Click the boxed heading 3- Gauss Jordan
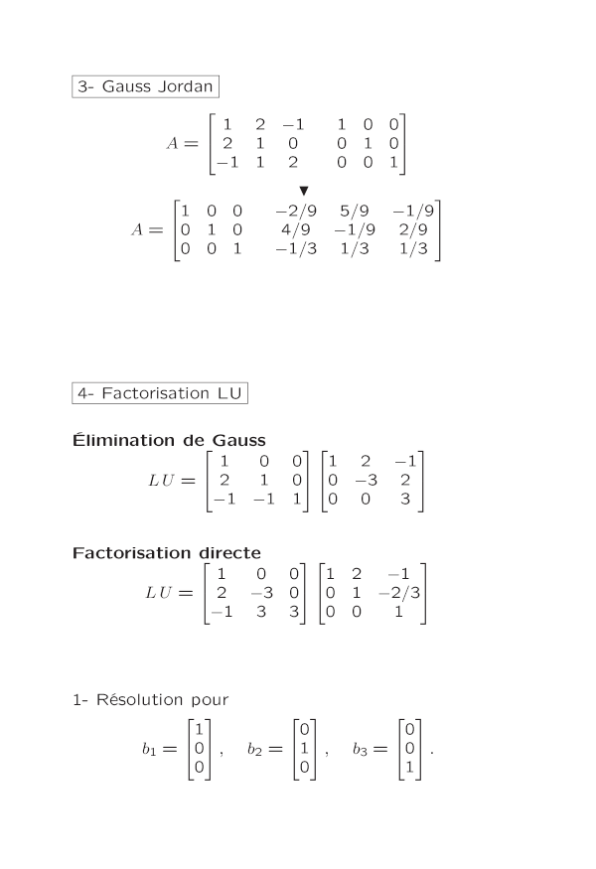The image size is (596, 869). pos(145,86)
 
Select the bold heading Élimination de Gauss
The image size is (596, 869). pos(169,440)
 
